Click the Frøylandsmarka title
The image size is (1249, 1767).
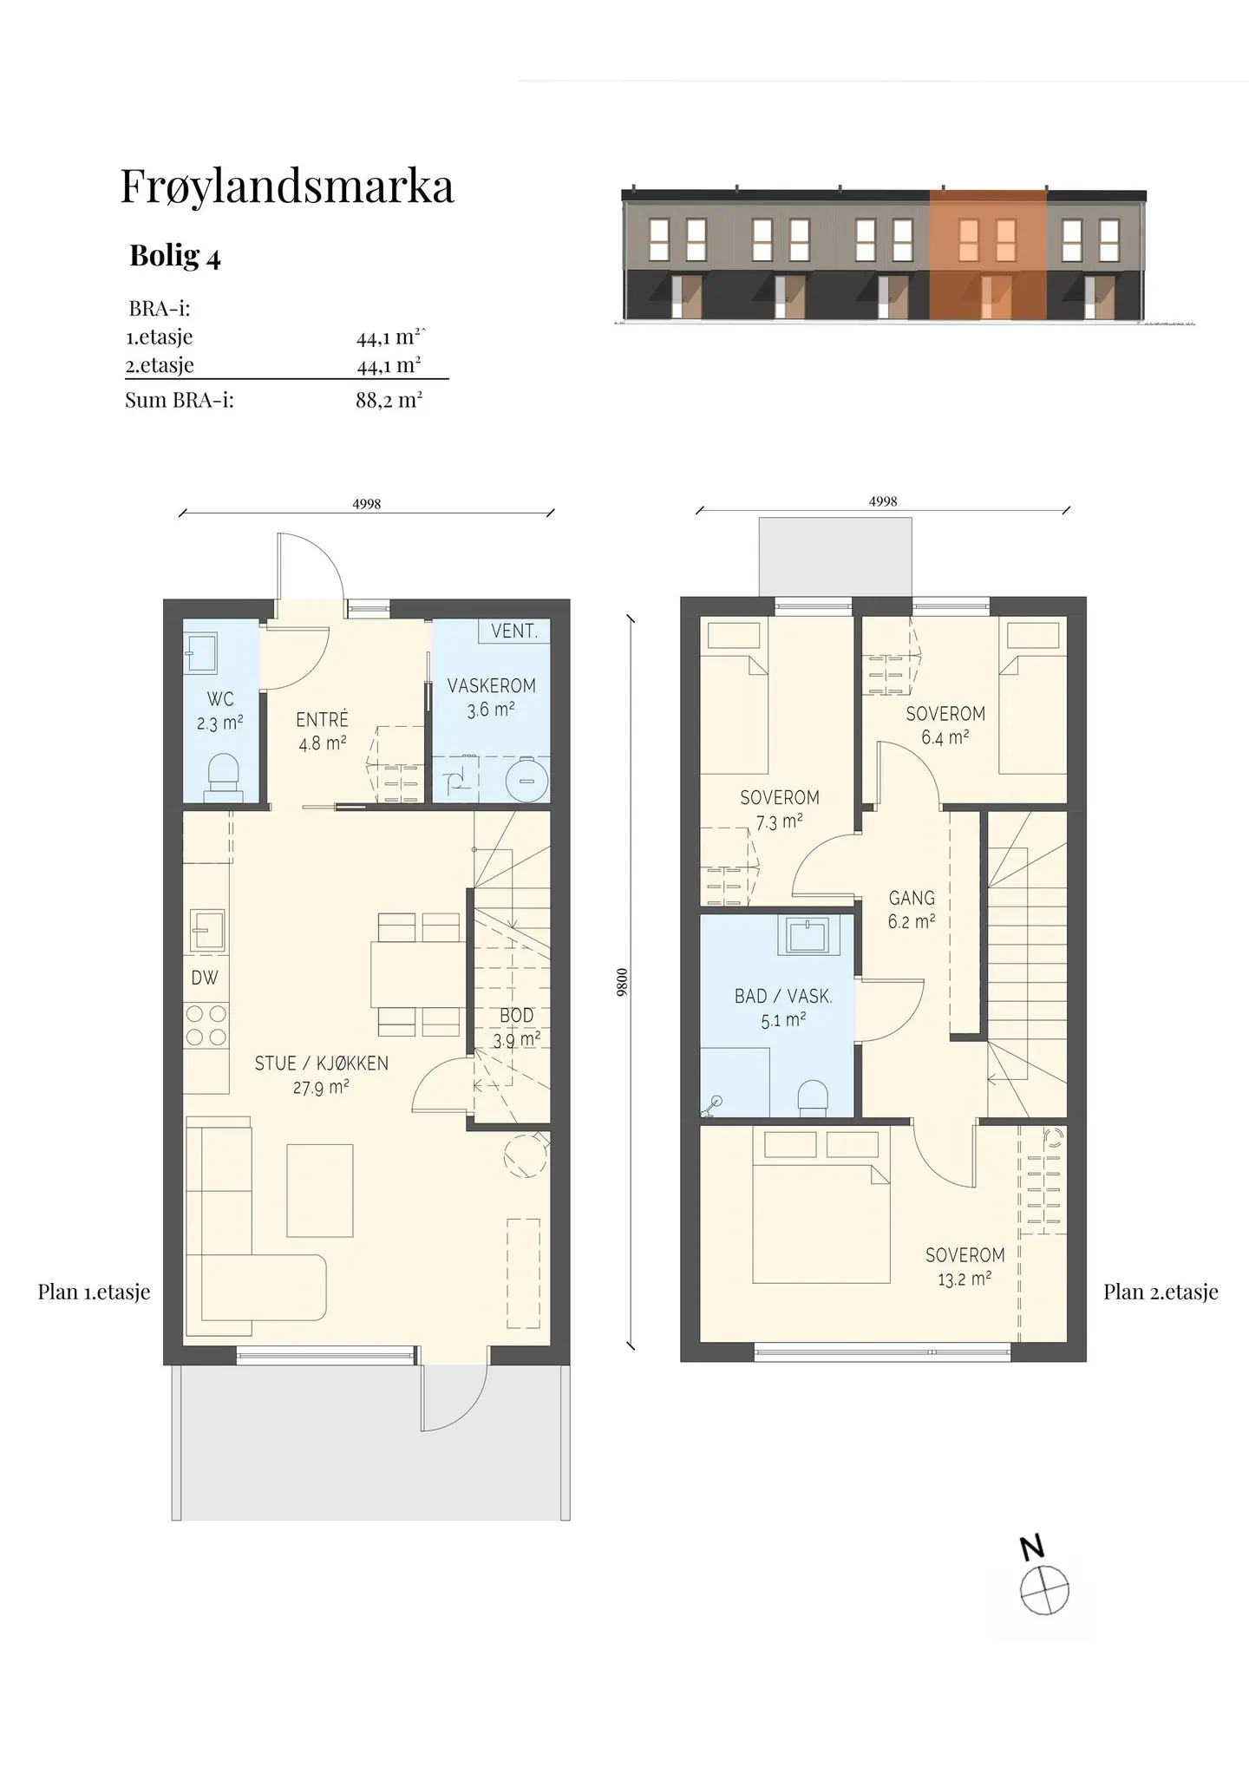[x=287, y=187]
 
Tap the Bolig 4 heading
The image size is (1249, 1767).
[x=175, y=256]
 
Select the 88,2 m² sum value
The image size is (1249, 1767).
[x=389, y=400]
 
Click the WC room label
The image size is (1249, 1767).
[x=220, y=699]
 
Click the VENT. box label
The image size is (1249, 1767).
[x=514, y=632]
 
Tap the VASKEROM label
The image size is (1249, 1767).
[x=492, y=685]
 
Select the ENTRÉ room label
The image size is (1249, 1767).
[x=323, y=719]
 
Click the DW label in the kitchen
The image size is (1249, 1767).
[x=205, y=978]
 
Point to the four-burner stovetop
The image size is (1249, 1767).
[x=206, y=1024]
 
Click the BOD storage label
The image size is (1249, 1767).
[x=517, y=1015]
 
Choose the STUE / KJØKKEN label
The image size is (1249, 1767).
[x=321, y=1063]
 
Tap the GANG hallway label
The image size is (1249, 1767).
[x=912, y=899]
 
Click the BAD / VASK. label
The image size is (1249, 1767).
[x=783, y=997]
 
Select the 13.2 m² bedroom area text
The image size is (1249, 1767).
[x=965, y=1279]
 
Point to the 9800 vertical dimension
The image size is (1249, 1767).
[x=622, y=982]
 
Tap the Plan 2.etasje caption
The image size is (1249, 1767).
[x=1161, y=1293]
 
